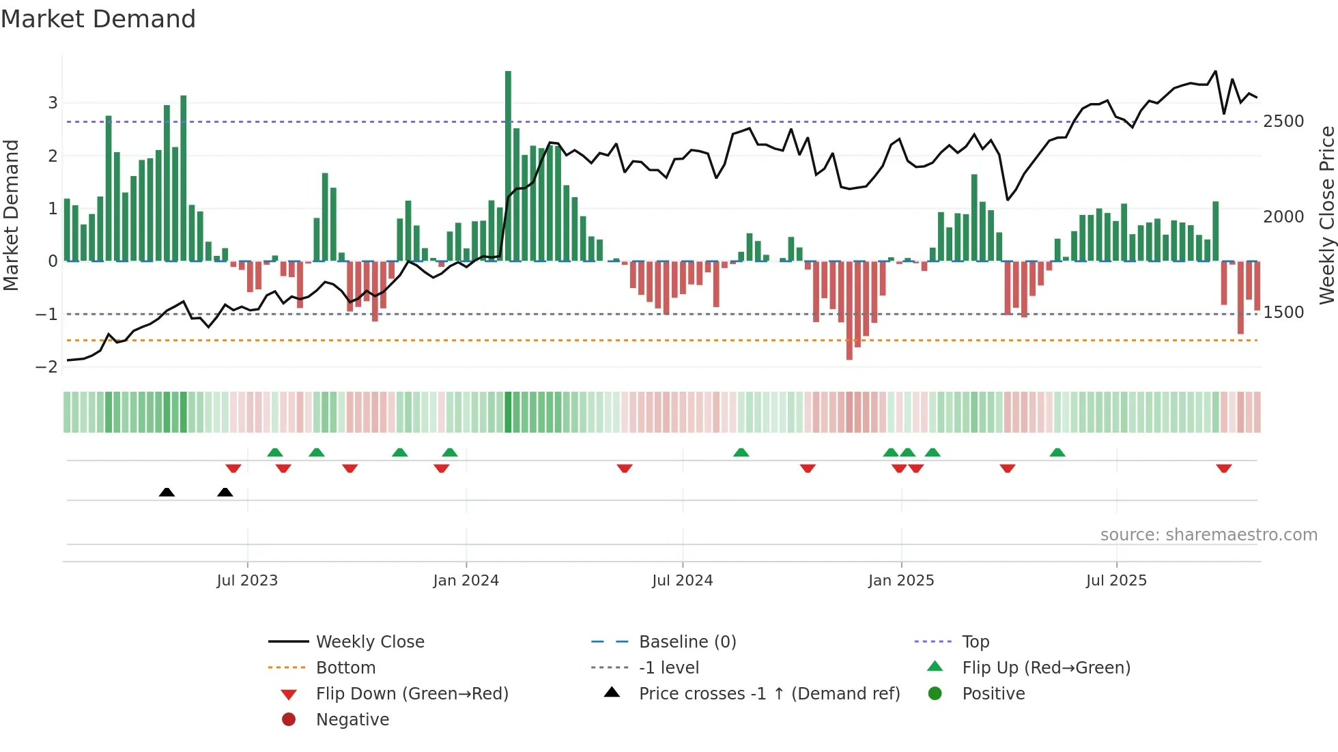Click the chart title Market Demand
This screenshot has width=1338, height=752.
coord(98,18)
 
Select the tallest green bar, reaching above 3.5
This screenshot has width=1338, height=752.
coord(508,164)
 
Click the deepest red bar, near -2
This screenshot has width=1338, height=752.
coord(849,310)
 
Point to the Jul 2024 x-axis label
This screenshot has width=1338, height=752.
coord(682,581)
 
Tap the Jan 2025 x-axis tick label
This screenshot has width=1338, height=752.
coord(901,581)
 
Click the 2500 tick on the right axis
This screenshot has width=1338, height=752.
coord(1283,121)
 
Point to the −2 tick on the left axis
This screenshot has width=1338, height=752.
coord(46,367)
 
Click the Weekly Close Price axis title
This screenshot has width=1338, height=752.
coord(1326,215)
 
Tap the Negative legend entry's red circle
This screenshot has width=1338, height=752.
coord(289,720)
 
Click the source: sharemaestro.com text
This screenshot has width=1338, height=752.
coord(1208,535)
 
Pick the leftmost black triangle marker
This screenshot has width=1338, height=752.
coord(167,492)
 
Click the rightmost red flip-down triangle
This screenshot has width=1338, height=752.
coord(1223,468)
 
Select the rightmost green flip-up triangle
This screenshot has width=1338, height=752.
coord(1057,452)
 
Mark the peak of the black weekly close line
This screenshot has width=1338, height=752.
coord(1215,71)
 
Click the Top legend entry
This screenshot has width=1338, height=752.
coord(976,642)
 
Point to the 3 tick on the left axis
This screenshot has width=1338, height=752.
coord(53,103)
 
